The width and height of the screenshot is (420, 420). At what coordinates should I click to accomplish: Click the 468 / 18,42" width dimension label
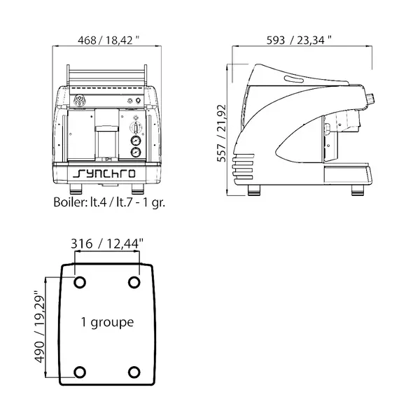[104, 40]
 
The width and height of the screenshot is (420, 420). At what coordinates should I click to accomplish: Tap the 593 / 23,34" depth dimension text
[300, 40]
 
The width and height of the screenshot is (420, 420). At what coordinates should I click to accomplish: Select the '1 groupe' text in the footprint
[107, 323]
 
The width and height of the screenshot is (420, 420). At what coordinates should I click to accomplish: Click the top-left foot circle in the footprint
[80, 282]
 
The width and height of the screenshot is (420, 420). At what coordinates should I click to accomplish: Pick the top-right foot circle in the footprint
[134, 282]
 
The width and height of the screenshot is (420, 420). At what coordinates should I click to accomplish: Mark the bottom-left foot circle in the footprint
[80, 372]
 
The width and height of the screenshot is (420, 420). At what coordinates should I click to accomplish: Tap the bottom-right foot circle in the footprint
[134, 372]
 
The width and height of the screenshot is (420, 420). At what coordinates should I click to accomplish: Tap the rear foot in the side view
[253, 190]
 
